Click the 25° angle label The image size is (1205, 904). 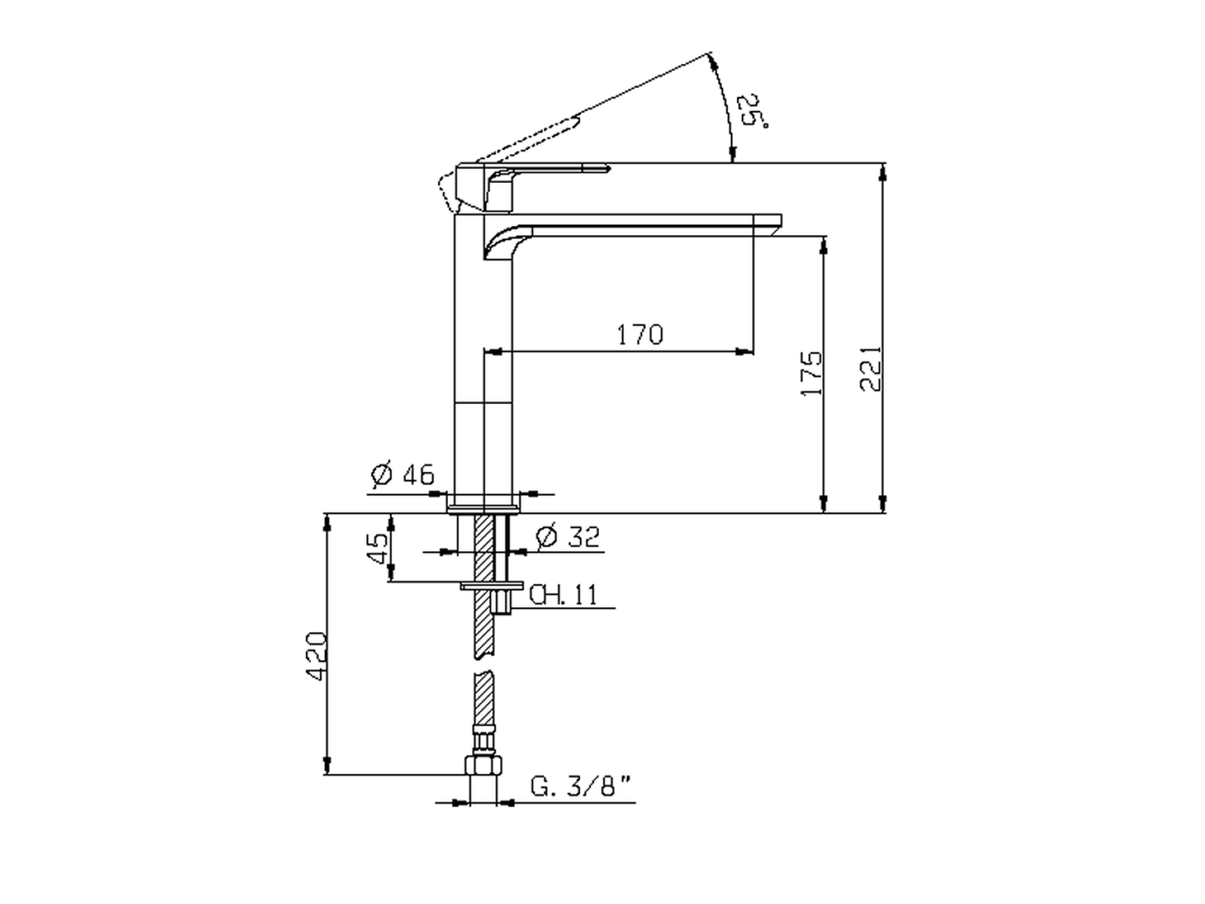(x=751, y=112)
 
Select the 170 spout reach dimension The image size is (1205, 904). (x=640, y=335)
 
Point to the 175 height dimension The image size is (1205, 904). (x=811, y=373)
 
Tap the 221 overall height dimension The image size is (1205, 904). (x=870, y=368)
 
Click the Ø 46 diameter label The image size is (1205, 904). (x=402, y=473)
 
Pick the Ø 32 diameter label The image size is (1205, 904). (x=569, y=536)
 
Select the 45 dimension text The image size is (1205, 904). (x=378, y=548)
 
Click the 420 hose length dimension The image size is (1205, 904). (x=315, y=656)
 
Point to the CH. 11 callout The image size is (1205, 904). (x=563, y=594)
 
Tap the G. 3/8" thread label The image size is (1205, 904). (x=581, y=786)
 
